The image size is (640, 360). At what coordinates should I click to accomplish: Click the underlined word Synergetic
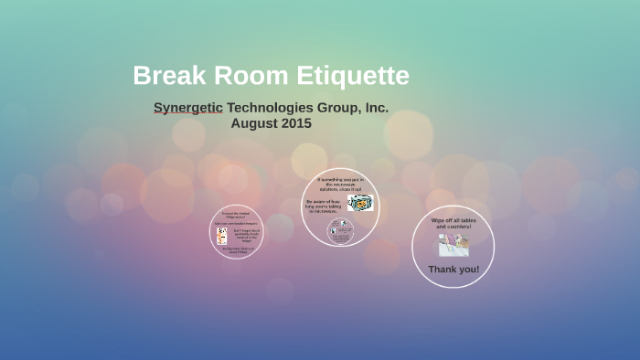click(x=187, y=108)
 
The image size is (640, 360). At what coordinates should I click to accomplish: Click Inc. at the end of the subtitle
click(x=377, y=108)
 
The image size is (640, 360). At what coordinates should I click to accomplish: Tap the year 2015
click(x=297, y=123)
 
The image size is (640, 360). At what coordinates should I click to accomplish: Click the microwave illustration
click(x=359, y=203)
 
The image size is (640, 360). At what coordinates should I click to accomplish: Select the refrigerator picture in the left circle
click(x=221, y=236)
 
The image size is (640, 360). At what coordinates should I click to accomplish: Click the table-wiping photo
click(x=453, y=246)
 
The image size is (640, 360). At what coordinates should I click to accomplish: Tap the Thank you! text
click(x=453, y=270)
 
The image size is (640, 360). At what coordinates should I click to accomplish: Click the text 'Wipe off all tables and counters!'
click(x=453, y=224)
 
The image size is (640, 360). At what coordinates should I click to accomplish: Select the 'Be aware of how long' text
click(x=323, y=206)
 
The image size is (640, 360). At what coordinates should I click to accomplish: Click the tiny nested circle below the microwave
click(x=341, y=230)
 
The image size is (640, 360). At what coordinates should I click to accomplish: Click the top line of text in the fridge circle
click(x=237, y=215)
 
